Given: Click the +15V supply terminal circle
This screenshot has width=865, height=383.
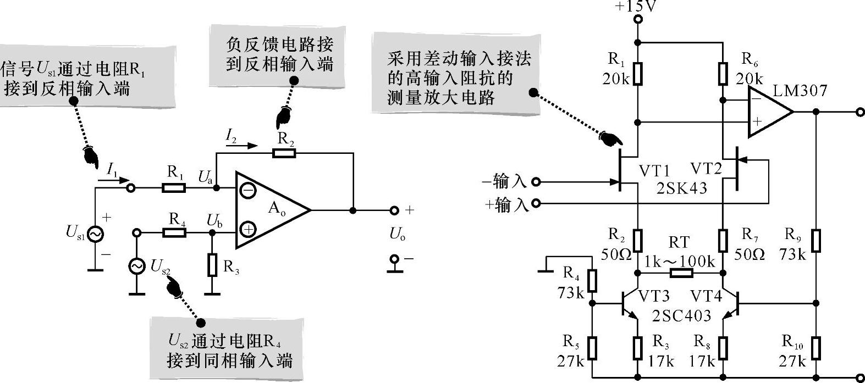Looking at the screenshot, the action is click(x=638, y=19).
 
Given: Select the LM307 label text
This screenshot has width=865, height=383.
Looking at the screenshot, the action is click(x=800, y=91).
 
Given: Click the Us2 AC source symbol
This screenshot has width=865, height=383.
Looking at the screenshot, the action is click(x=137, y=266).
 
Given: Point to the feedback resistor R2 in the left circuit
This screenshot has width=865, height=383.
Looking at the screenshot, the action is click(x=284, y=153).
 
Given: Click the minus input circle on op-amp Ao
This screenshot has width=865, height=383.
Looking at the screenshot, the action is click(x=247, y=191).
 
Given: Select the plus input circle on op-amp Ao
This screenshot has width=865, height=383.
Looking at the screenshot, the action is click(x=247, y=230).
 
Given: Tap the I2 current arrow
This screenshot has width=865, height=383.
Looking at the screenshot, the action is click(x=241, y=146).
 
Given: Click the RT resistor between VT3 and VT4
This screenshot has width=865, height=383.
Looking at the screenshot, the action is click(x=681, y=274).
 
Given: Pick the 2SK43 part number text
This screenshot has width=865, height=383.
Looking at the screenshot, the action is click(x=681, y=188).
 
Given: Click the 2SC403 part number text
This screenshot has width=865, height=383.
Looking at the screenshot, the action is click(x=681, y=316).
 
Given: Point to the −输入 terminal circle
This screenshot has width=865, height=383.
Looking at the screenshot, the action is click(x=536, y=182).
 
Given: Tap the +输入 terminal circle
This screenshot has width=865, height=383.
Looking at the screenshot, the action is click(x=536, y=203).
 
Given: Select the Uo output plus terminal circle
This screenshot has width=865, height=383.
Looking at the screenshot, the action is click(x=394, y=210).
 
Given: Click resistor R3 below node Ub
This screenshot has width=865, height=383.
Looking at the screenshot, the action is click(x=212, y=265).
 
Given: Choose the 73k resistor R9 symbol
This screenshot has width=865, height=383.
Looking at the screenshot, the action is click(x=816, y=241).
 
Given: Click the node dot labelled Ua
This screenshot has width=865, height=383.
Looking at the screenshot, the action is click(x=217, y=188).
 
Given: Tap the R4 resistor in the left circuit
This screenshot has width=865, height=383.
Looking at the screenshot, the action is click(x=174, y=233).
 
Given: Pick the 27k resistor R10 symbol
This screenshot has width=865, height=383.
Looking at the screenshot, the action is click(x=816, y=348).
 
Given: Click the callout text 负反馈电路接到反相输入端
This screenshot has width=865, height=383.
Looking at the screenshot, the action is click(x=279, y=54).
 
